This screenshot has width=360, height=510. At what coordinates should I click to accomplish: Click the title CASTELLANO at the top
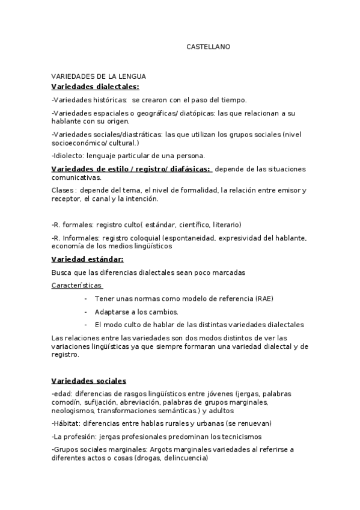pyautogui.click(x=208, y=46)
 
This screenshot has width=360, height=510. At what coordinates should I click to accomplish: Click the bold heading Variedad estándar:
pyautogui.click(x=87, y=259)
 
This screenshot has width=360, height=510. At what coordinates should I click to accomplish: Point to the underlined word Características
pyautogui.click(x=76, y=285)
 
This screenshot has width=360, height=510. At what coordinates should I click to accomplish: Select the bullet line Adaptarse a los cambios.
pyautogui.click(x=136, y=312)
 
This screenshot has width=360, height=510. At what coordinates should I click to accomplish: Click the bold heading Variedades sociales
pyautogui.click(x=89, y=381)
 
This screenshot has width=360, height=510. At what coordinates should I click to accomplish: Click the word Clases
pyautogui.click(x=63, y=191)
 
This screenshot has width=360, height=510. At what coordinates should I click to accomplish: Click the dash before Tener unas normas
pyautogui.click(x=86, y=299)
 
